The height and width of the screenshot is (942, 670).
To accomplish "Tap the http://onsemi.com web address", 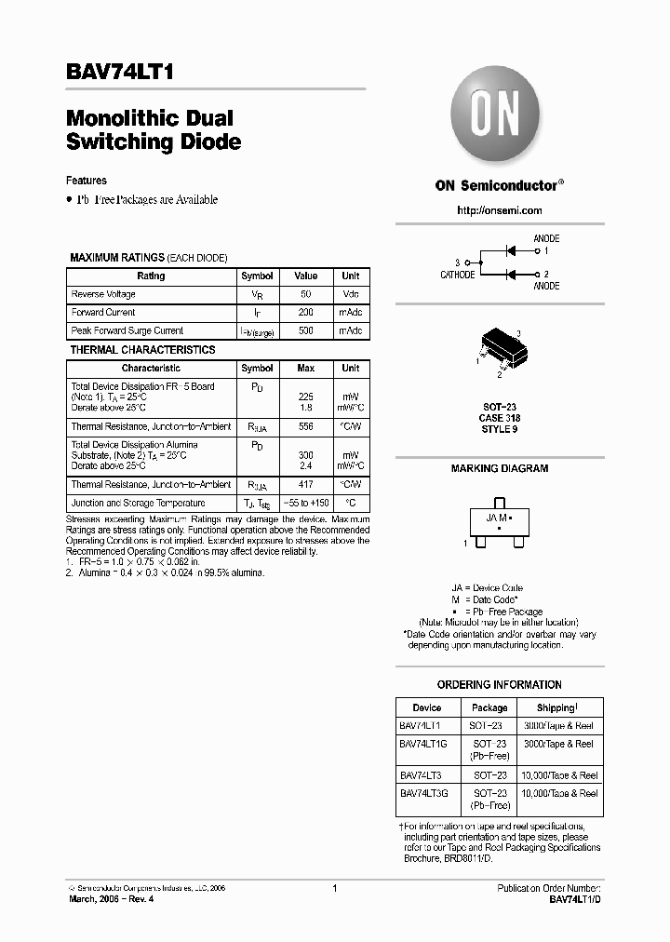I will [499, 211].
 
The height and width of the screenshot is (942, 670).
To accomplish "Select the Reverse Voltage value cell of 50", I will [305, 294].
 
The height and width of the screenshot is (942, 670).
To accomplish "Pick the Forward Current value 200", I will [305, 313].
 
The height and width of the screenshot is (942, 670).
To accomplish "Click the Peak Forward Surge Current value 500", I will [305, 330].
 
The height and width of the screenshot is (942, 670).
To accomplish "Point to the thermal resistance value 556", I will [305, 426].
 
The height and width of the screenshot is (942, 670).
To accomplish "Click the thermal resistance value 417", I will [305, 484].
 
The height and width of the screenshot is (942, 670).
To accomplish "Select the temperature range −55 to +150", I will [305, 503].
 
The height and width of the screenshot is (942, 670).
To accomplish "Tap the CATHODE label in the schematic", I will [457, 275].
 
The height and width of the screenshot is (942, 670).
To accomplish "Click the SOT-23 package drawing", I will [499, 351].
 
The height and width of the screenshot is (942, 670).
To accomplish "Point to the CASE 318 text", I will [499, 418].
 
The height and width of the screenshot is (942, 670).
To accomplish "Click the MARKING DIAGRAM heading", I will [499, 468].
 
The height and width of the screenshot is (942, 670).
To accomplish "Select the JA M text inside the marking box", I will [497, 517].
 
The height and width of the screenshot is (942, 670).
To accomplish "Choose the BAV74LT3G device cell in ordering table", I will [424, 793].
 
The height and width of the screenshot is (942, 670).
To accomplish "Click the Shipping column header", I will [556, 707].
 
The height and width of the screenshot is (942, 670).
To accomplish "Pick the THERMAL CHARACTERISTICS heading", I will [142, 350].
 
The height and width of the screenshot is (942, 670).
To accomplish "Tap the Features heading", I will [86, 181].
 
